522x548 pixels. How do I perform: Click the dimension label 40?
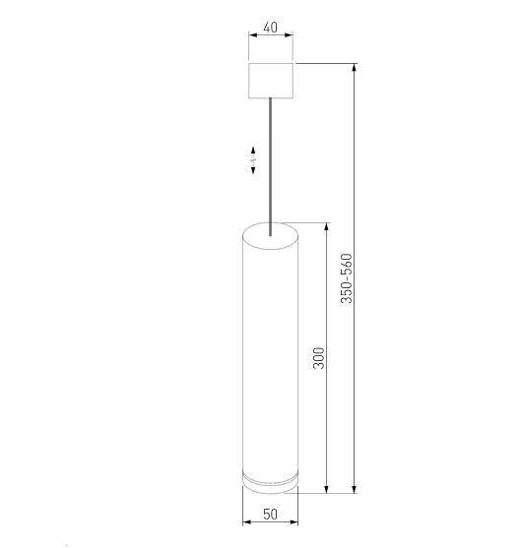click(270, 29)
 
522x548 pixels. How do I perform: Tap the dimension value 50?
click(270, 514)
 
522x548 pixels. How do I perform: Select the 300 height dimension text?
click(317, 358)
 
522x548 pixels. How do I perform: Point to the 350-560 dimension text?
click(346, 278)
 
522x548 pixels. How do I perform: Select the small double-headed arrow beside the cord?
click(253, 159)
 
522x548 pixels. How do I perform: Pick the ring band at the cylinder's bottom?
click(270, 480)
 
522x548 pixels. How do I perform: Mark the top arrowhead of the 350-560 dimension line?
click(354, 68)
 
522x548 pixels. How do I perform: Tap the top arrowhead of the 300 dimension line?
click(326, 228)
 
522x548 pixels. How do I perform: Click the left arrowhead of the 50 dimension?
click(246, 524)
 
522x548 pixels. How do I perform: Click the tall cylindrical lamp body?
click(270, 354)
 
